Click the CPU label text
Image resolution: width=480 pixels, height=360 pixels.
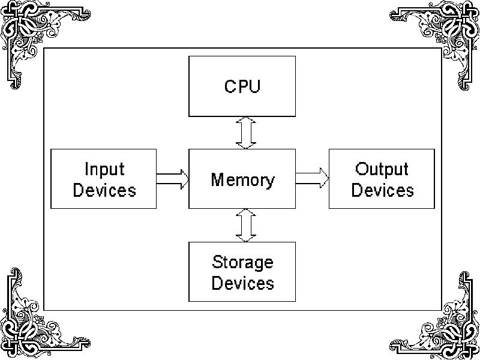click(x=242, y=86)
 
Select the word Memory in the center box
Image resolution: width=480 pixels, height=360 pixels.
click(x=242, y=179)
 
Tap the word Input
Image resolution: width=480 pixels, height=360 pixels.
click(x=104, y=170)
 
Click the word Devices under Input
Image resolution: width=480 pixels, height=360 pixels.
click(x=104, y=190)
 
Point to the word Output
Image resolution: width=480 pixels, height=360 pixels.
click(x=382, y=169)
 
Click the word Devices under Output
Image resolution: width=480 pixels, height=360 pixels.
click(x=382, y=190)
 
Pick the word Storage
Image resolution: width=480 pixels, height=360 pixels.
click(x=242, y=263)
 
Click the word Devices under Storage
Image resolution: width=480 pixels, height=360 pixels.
click(x=242, y=283)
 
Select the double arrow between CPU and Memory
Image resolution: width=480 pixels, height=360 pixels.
click(x=245, y=133)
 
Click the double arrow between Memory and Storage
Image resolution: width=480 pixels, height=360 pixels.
click(x=245, y=225)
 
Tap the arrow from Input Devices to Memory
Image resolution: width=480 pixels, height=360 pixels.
click(x=173, y=179)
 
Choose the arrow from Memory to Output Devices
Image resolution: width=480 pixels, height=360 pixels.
click(x=312, y=178)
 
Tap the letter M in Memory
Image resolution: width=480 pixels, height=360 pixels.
click(x=217, y=179)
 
